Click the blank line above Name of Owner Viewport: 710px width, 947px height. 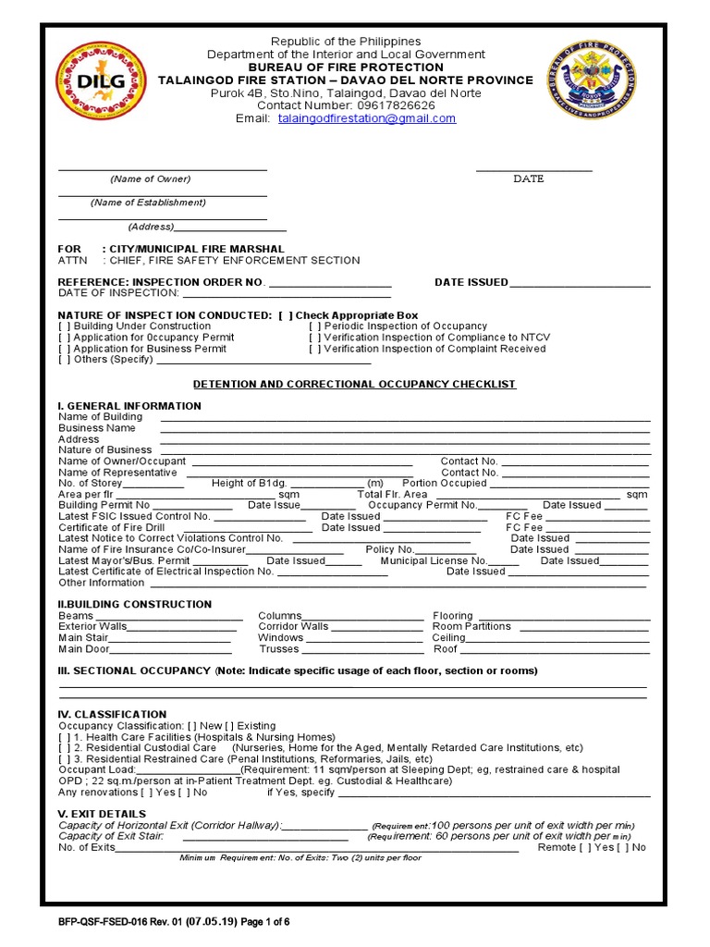coord(163,168)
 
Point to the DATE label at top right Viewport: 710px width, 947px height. coord(529,178)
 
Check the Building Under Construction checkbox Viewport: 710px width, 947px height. coord(65,326)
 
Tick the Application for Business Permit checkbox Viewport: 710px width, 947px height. coord(65,349)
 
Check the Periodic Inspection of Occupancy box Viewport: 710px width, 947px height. coord(315,326)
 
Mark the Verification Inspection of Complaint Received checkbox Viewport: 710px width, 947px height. coord(315,349)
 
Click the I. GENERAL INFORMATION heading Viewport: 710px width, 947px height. coord(129,406)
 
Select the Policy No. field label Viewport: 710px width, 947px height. coord(390,549)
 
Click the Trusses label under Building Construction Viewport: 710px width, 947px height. coord(278,649)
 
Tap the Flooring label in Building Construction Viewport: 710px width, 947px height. coord(453,616)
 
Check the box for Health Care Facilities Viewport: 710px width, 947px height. coord(65,737)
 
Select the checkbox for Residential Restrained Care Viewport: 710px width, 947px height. coord(65,758)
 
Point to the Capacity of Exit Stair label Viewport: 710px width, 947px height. coord(111,836)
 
